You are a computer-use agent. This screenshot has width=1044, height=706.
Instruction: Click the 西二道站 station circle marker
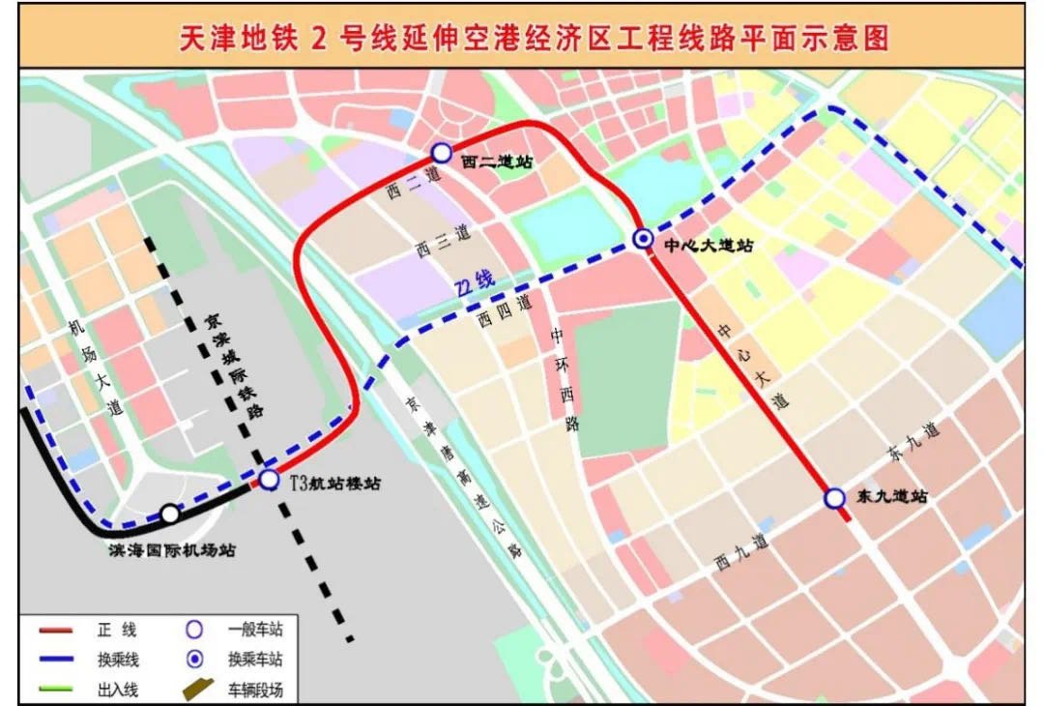[442, 152]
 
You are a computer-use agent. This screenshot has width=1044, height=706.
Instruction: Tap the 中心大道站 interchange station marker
[642, 238]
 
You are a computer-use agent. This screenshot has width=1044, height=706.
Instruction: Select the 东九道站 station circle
[834, 498]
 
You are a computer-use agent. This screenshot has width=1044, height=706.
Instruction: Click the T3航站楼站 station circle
[270, 480]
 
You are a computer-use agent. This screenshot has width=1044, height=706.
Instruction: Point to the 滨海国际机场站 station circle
[170, 514]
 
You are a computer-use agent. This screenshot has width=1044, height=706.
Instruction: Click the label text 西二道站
[498, 162]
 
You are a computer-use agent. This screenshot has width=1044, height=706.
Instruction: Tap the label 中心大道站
[710, 246]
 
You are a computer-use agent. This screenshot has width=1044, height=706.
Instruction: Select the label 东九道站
[892, 497]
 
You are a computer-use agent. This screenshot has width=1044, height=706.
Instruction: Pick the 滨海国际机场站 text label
[171, 549]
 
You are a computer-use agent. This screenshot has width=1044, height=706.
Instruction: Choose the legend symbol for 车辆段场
[197, 690]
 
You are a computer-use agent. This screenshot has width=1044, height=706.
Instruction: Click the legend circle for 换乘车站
[194, 660]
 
